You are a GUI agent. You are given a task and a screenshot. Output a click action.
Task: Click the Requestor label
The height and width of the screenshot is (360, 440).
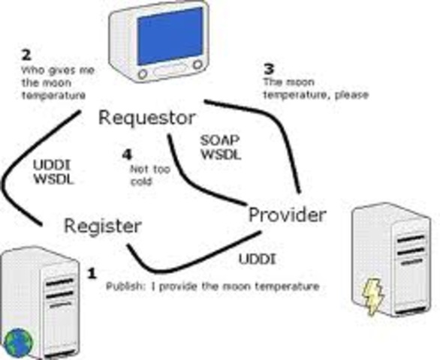(x=147, y=118)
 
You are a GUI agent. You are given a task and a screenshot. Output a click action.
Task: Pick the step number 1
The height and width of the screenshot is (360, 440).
(x=92, y=274)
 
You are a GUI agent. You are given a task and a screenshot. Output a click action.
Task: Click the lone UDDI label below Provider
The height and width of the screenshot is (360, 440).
(x=256, y=259)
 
